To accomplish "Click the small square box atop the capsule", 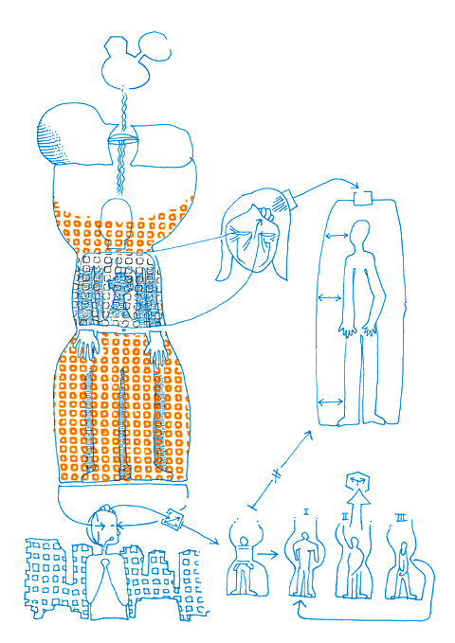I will (x=359, y=198).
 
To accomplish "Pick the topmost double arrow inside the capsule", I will (x=336, y=233).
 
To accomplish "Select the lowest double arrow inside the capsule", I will (x=330, y=401).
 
